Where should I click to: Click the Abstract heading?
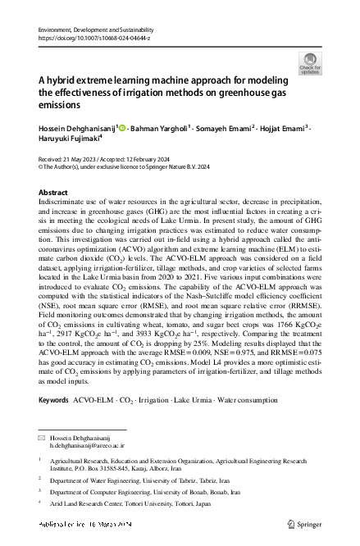[x=53, y=192]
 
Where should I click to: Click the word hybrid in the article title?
[x=64, y=80]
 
